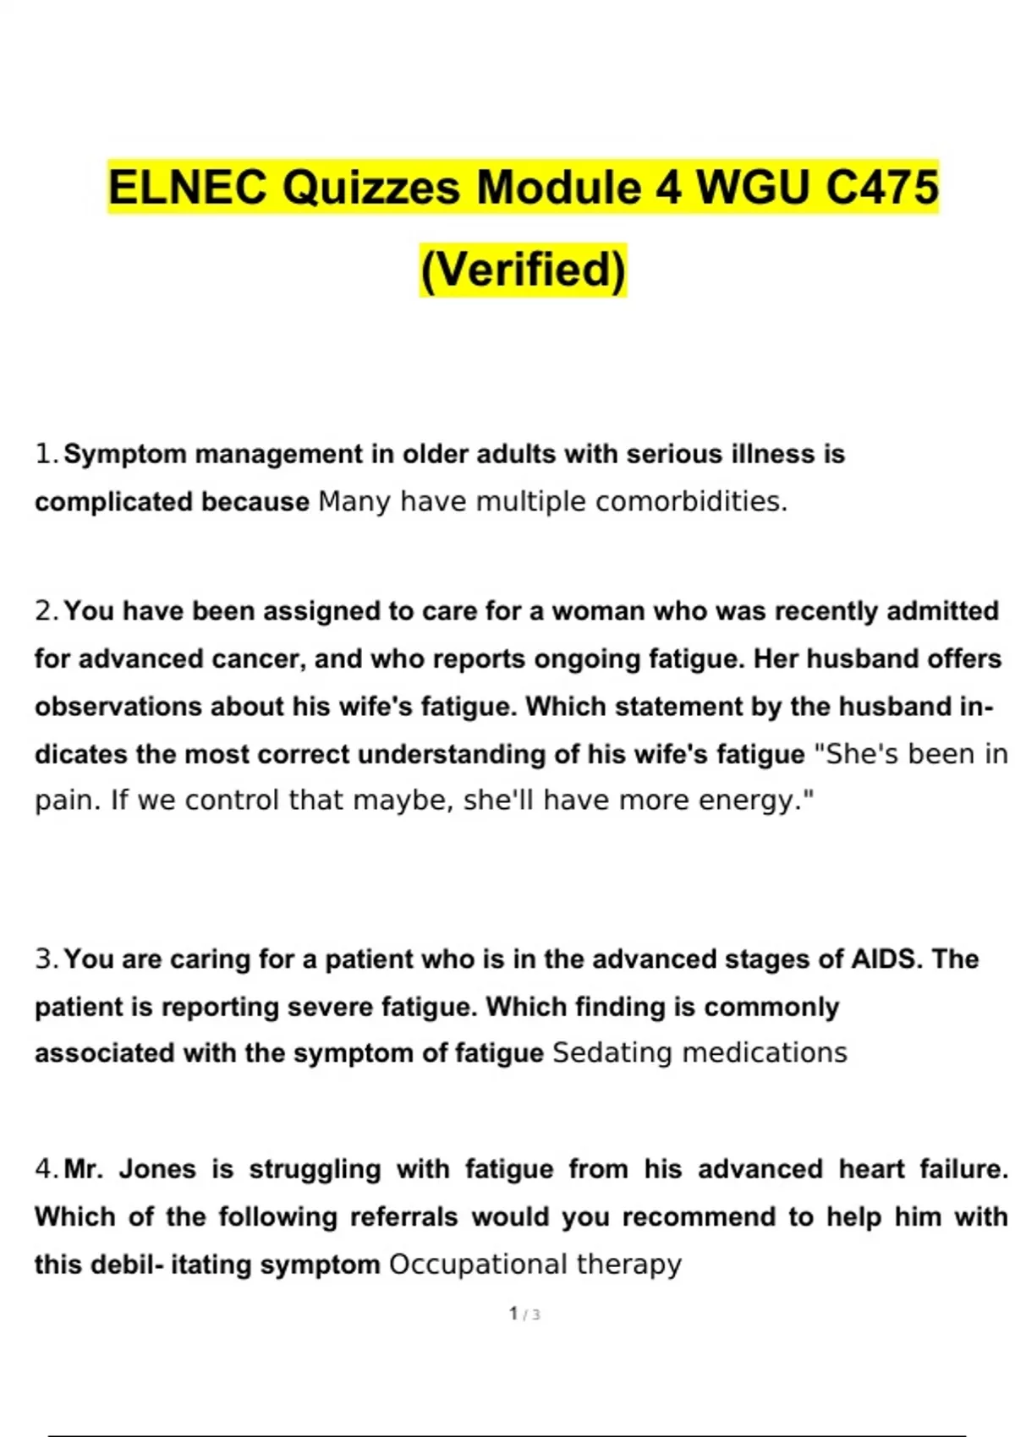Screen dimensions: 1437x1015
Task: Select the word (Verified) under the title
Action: coord(524,270)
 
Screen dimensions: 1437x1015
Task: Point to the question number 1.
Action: coord(46,455)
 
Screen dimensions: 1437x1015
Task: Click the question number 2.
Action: coord(46,611)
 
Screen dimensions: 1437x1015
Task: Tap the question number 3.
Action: coord(46,959)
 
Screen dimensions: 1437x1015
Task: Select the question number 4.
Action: coord(46,1169)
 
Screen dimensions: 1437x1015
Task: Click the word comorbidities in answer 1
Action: coord(691,501)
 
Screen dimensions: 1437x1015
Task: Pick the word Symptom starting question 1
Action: coord(125,455)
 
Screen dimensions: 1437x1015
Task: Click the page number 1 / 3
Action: coord(524,1314)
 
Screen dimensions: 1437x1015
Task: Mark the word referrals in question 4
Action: coord(403,1217)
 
